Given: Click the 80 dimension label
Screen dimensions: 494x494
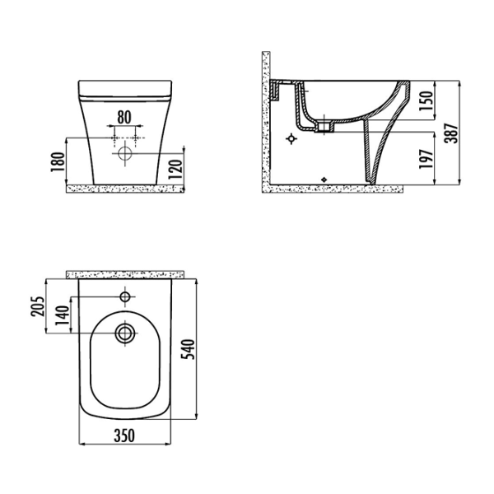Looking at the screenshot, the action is point(124,117).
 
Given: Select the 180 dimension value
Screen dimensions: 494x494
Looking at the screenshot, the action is point(58,162).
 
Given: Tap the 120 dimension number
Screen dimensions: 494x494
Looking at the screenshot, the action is point(175,170).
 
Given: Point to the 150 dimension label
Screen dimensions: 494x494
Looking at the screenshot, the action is point(426,100).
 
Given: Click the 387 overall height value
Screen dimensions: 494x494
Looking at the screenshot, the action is point(452,133).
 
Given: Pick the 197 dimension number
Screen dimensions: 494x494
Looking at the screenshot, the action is point(426,159).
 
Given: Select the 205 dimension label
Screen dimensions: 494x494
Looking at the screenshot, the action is point(38,306).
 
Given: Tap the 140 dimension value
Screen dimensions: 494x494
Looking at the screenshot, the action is point(62,315).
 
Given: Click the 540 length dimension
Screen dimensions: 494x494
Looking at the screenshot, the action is point(189,349).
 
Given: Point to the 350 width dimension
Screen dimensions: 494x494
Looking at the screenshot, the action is point(124,436).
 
